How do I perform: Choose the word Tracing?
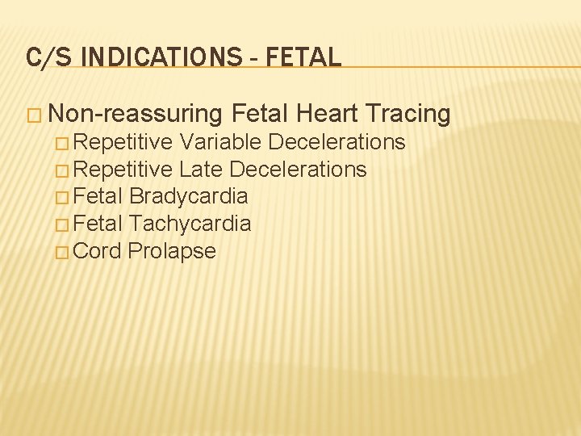pos(410,115)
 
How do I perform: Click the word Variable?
pos(220,142)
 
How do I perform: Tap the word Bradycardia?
pos(188,196)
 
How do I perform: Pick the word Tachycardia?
pos(190,224)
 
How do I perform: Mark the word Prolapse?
pos(172,251)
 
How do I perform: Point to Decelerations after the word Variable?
pos(336,142)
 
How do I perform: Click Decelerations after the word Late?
pos(298,170)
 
